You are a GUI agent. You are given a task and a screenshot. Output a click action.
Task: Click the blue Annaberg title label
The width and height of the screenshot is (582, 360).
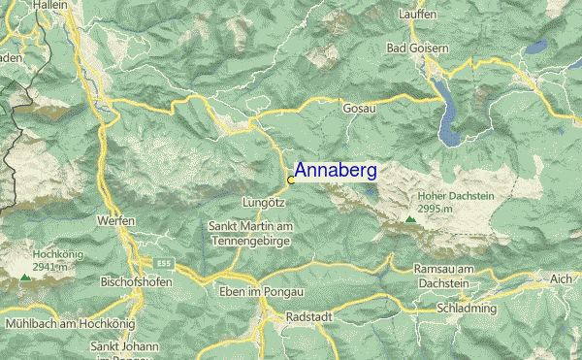pyautogui.click(x=336, y=171)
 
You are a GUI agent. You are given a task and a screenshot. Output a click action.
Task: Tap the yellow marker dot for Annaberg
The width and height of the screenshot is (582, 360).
pyautogui.click(x=291, y=180)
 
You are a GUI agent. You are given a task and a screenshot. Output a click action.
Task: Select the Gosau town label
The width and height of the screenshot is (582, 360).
pyautogui.click(x=359, y=110)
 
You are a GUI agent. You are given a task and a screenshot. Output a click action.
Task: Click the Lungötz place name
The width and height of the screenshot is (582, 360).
pyautogui.click(x=263, y=202)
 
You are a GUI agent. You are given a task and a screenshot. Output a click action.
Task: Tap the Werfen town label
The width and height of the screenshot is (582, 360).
pyautogui.click(x=115, y=220)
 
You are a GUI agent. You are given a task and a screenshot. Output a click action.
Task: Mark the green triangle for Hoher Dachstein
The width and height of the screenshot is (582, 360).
pyautogui.click(x=410, y=220)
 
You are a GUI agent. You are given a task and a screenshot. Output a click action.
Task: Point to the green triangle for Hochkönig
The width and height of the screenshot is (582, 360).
pyautogui.click(x=24, y=278)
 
